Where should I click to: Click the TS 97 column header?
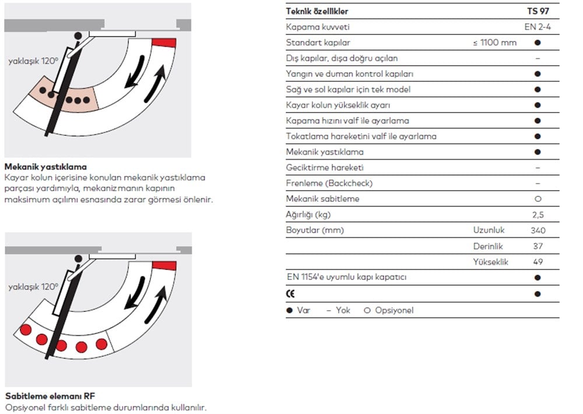537,11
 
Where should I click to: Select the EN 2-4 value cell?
537,27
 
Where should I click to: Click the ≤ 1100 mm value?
495,43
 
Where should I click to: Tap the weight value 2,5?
538,215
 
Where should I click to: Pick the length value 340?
538,230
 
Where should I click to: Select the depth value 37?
538,246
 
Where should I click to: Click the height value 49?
538,262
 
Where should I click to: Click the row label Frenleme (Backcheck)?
329,183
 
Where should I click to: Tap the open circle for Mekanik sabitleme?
538,199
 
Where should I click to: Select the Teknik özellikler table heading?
318,11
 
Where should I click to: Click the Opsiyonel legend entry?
388,310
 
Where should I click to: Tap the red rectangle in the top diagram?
164,42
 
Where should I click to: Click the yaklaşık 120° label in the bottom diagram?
33,287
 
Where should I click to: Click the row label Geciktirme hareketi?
325,167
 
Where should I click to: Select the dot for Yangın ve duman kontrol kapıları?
538,74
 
